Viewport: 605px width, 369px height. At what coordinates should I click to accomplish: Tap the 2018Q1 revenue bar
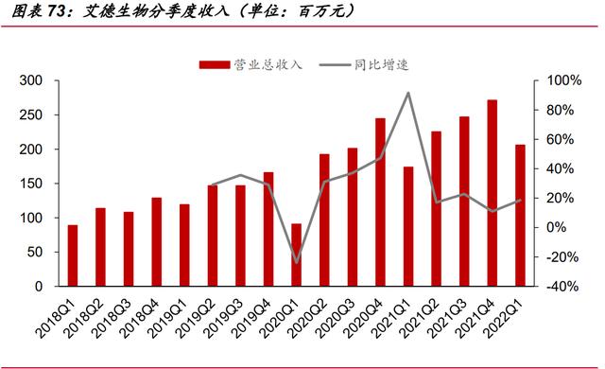click(x=73, y=255)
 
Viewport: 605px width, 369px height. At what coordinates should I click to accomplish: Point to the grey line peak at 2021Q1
click(x=407, y=93)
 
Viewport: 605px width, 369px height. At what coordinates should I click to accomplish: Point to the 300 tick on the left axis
click(x=32, y=81)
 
